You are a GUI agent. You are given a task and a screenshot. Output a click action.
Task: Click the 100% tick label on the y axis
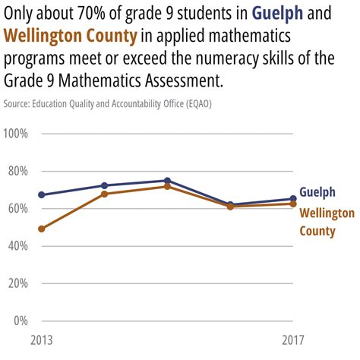click(16, 134)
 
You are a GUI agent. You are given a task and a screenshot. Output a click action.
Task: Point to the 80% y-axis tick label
click(17, 171)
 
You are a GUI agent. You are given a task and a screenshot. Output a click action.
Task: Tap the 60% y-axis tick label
click(17, 208)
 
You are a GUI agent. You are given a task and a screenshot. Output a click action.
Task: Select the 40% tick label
click(17, 245)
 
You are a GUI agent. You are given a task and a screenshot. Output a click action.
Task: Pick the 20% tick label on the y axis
click(17, 283)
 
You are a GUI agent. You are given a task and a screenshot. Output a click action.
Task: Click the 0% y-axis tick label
click(21, 320)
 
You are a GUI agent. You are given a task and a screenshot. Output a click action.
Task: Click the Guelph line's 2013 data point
click(42, 195)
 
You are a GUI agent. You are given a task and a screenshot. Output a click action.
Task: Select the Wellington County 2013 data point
click(42, 229)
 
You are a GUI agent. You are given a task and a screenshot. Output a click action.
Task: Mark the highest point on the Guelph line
click(167, 181)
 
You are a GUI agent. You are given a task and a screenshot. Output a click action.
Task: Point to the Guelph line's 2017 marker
click(293, 199)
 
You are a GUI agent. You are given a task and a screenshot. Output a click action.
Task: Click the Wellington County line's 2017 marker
click(293, 204)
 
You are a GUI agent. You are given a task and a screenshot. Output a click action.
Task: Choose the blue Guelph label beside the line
click(317, 192)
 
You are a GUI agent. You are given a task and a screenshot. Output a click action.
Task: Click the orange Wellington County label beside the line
click(327, 222)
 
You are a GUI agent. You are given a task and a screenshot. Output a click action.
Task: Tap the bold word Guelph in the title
click(280, 14)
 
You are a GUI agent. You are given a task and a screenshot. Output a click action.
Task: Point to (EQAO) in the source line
click(194, 103)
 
